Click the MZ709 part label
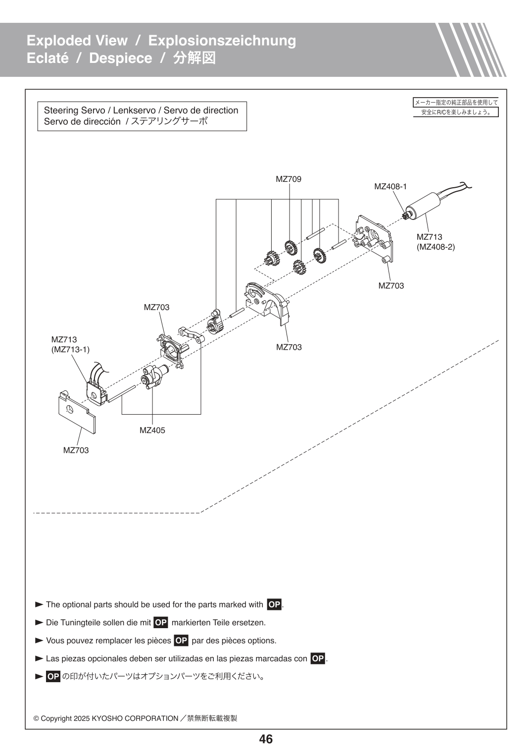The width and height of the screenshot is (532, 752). click(x=289, y=179)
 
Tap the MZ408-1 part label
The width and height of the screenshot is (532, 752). click(x=390, y=187)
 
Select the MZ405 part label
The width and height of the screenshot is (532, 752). click(x=152, y=430)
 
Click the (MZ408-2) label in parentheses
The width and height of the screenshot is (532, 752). click(x=435, y=247)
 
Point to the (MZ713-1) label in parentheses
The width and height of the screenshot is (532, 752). click(x=70, y=350)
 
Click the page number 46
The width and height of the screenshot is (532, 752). click(x=266, y=739)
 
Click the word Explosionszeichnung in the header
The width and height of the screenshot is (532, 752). click(x=222, y=41)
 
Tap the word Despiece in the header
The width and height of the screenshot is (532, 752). click(x=120, y=58)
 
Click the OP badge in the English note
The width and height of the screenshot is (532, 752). click(x=274, y=604)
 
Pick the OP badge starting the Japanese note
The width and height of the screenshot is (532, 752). click(x=53, y=677)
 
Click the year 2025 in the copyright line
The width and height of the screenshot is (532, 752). click(x=82, y=718)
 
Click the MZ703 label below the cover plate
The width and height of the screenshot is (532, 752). click(x=76, y=450)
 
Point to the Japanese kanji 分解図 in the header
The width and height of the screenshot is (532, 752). click(x=194, y=58)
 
